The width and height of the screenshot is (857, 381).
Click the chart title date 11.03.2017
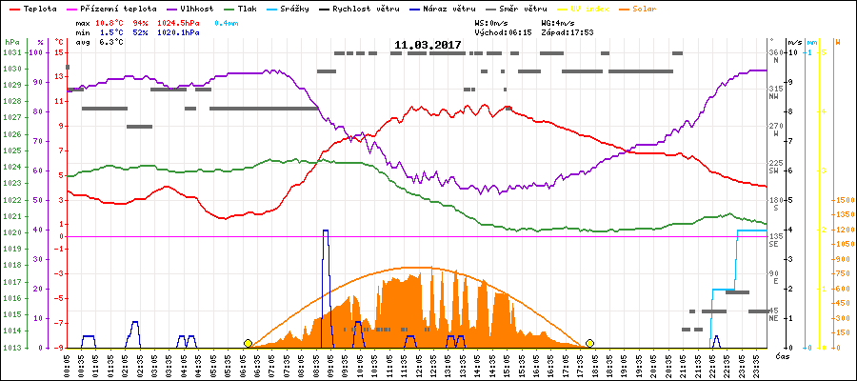[428, 45]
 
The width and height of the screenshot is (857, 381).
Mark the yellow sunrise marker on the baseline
[248, 343]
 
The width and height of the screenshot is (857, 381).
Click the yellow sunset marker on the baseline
[589, 343]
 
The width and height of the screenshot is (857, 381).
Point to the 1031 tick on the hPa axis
[11, 53]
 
